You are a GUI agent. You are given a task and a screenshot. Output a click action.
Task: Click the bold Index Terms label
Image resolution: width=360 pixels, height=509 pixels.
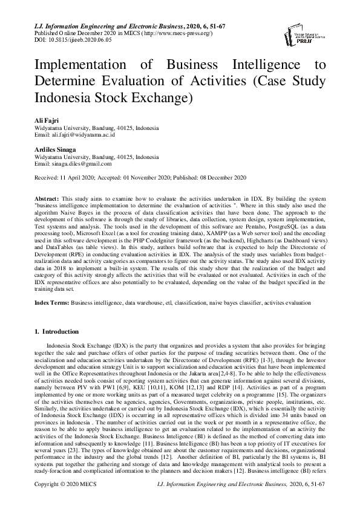[x=51, y=301]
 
